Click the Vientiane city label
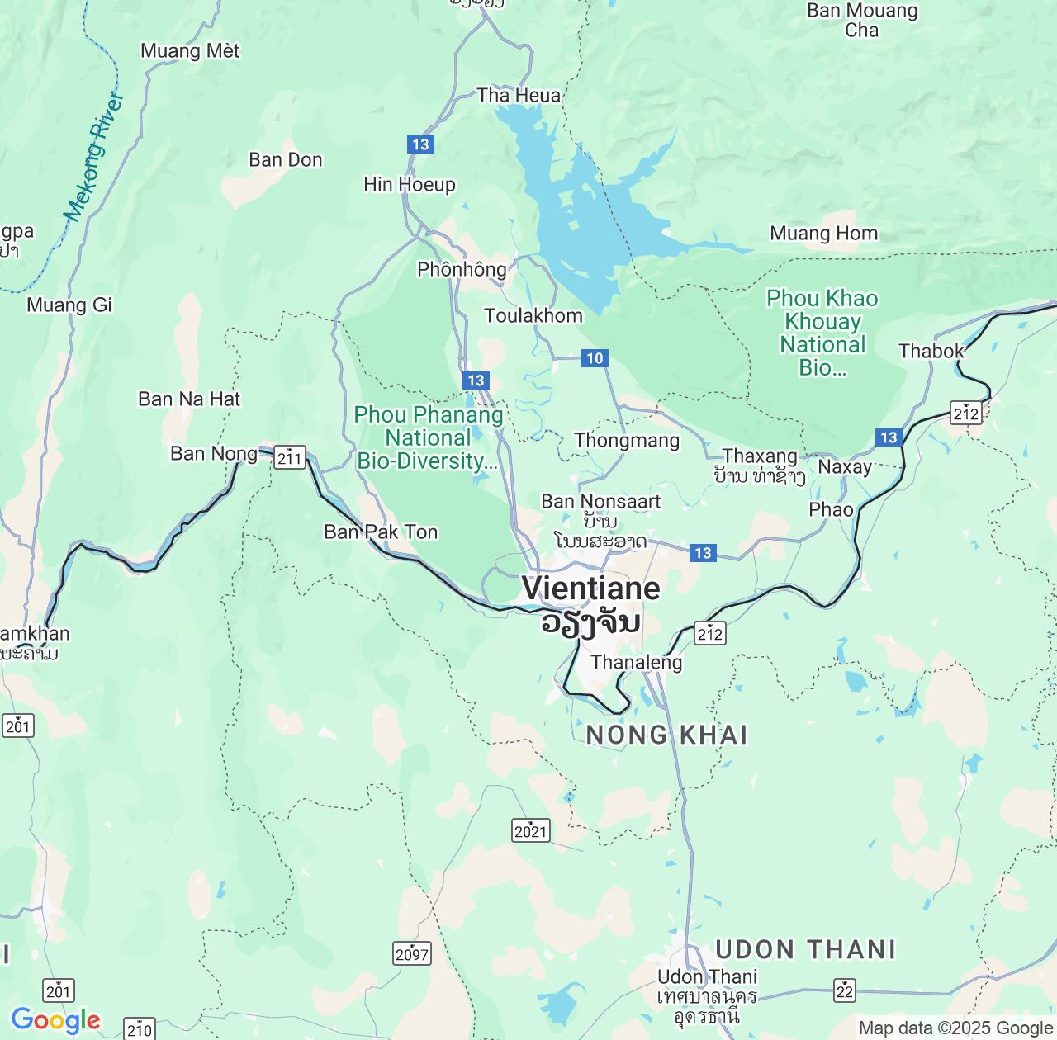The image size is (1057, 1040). (590, 589)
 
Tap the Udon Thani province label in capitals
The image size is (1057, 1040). (805, 949)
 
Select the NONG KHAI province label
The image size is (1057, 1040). (666, 735)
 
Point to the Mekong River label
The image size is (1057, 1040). (94, 158)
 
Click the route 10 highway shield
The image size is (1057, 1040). (595, 358)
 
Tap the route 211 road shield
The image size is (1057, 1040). (290, 457)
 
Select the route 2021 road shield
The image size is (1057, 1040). (530, 830)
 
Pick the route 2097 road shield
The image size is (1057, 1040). (411, 954)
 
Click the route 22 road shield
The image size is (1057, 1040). (844, 990)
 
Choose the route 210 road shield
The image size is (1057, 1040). (140, 1028)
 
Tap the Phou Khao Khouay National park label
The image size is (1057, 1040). (822, 333)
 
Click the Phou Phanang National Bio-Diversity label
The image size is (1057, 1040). (428, 437)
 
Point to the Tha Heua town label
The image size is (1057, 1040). (519, 96)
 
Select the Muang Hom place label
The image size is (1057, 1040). (823, 234)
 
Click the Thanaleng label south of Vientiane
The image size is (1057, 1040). (637, 662)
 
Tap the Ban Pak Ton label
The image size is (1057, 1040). (381, 532)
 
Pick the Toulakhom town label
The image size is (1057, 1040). (533, 315)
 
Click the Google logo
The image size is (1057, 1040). (55, 1021)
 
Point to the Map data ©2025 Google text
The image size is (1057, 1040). (955, 1028)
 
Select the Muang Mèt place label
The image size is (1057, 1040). (190, 51)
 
